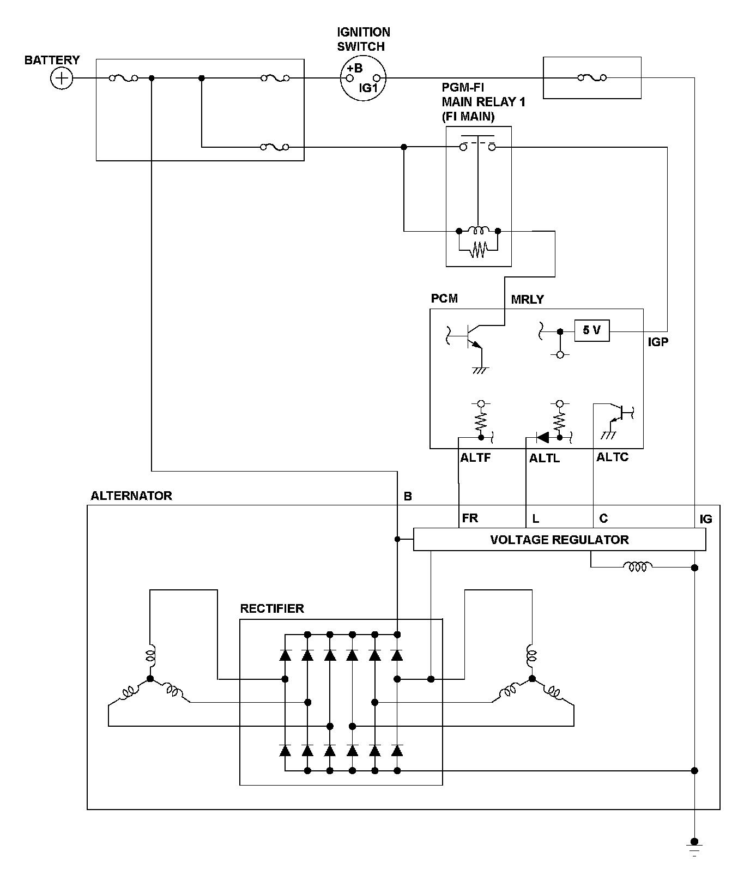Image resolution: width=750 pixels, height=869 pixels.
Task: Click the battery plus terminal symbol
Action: point(62,79)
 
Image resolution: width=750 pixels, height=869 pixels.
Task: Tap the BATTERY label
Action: point(52,60)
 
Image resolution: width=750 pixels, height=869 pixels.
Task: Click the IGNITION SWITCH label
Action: point(364,39)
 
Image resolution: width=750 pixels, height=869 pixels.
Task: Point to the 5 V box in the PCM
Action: point(592,330)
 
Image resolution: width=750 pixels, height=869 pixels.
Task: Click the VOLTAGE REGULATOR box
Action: point(560,540)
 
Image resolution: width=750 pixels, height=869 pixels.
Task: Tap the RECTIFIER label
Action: point(272,608)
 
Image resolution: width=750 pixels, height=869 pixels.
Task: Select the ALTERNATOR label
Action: point(131,496)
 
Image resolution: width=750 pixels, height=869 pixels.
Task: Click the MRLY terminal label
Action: point(528,299)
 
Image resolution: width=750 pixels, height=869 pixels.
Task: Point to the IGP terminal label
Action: point(658,342)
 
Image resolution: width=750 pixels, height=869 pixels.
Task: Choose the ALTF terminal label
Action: point(475,458)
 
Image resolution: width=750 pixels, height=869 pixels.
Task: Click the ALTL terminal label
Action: point(545,458)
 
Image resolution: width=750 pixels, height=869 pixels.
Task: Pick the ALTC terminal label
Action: point(612,457)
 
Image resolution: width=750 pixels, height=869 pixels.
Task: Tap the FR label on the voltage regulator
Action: point(470,518)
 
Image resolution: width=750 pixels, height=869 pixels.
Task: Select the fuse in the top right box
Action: point(592,79)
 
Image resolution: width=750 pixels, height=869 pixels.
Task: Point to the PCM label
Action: point(444,298)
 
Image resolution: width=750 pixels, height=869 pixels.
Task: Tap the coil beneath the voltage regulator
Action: point(638,567)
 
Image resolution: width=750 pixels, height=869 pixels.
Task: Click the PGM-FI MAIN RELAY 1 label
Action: point(483,102)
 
